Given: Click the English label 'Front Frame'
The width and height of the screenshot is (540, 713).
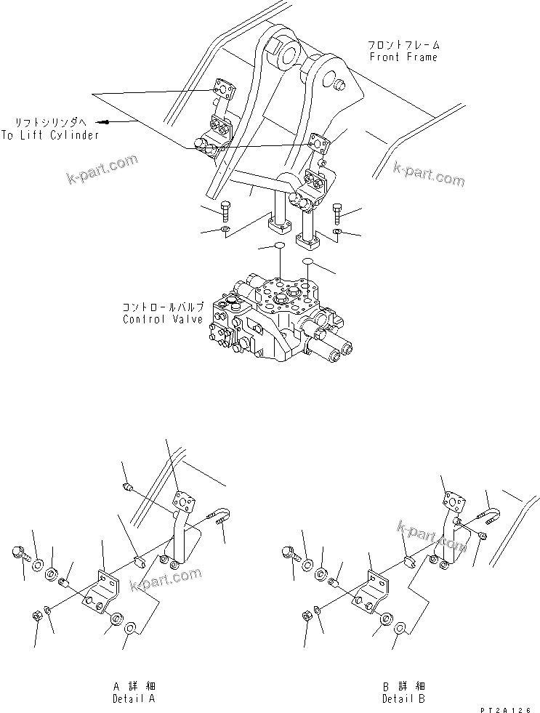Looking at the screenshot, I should click(403, 57).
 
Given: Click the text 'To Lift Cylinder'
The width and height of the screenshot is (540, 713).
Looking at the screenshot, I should click(49, 134).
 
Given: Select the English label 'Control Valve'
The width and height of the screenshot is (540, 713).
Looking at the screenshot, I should click(163, 319).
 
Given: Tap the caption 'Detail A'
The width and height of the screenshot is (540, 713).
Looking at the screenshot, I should click(134, 698).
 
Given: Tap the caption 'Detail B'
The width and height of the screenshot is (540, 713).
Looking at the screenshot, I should click(404, 698).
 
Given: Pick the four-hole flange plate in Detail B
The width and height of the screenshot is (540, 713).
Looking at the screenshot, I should click(455, 501).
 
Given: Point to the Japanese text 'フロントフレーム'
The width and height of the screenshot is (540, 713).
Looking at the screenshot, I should click(403, 44).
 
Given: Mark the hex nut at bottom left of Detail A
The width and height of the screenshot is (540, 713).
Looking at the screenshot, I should click(37, 616).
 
